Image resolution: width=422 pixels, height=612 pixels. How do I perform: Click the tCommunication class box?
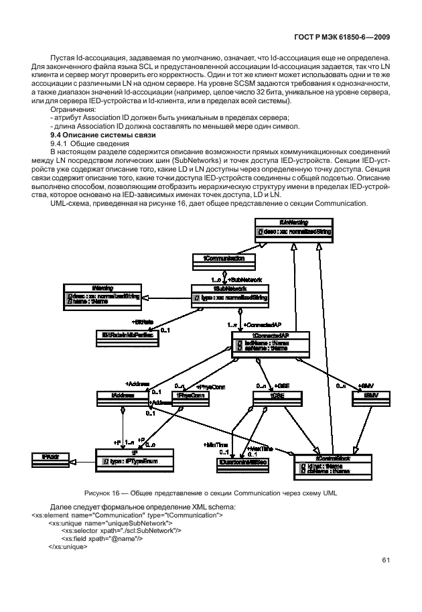point(219,257)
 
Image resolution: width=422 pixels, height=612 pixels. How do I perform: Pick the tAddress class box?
point(122,396)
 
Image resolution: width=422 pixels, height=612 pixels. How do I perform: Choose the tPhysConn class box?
point(190,396)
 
